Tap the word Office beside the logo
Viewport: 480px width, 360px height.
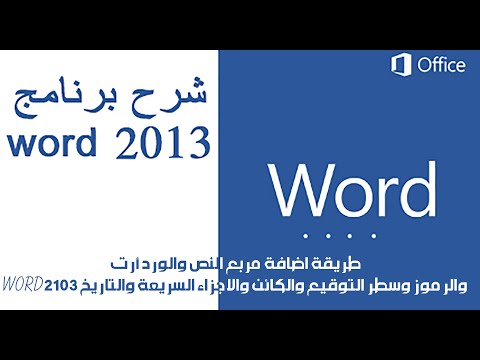click(440, 66)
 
